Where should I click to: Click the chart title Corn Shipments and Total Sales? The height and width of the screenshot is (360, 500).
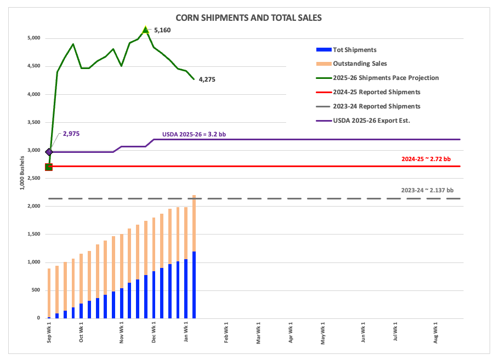coord(248,18)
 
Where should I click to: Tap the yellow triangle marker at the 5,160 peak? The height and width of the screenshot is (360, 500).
coord(145,30)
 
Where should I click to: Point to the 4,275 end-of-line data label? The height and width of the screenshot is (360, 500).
coord(207,79)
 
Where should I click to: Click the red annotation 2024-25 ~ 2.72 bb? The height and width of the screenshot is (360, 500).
coord(426,159)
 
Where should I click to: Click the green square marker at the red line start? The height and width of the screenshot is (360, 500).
coord(49,167)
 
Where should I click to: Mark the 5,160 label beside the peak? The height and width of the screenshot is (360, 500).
coord(162,30)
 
